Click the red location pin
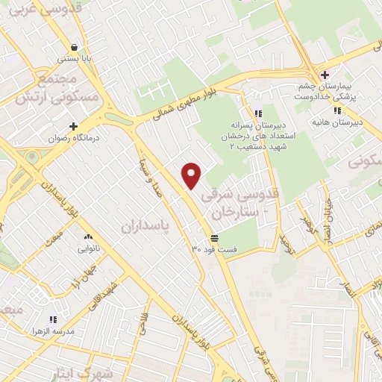pyautogui.click(x=192, y=175)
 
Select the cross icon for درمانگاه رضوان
pyautogui.click(x=74, y=126)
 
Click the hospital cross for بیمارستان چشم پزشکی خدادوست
pyautogui.click(x=325, y=75)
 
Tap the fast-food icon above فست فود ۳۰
pyautogui.click(x=214, y=237)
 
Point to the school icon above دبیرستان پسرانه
pyautogui.click(x=258, y=114)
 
